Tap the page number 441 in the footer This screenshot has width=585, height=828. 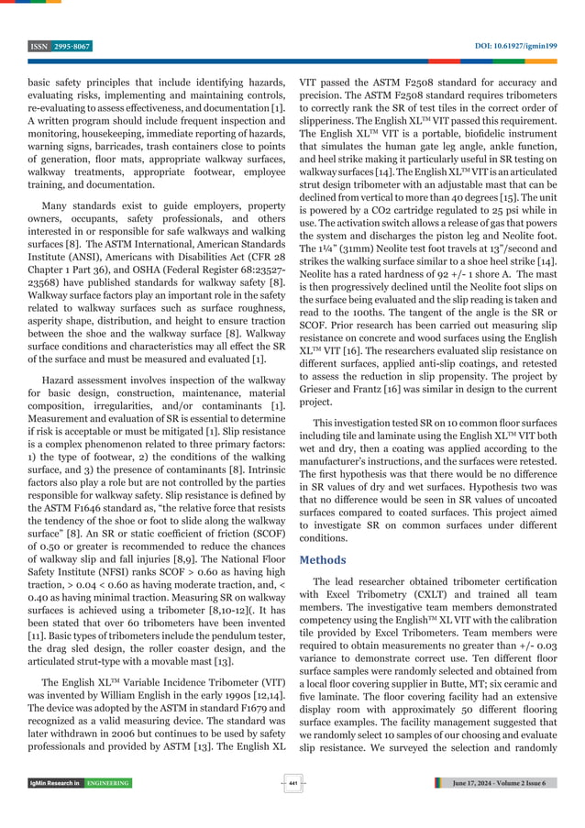click(x=292, y=782)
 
